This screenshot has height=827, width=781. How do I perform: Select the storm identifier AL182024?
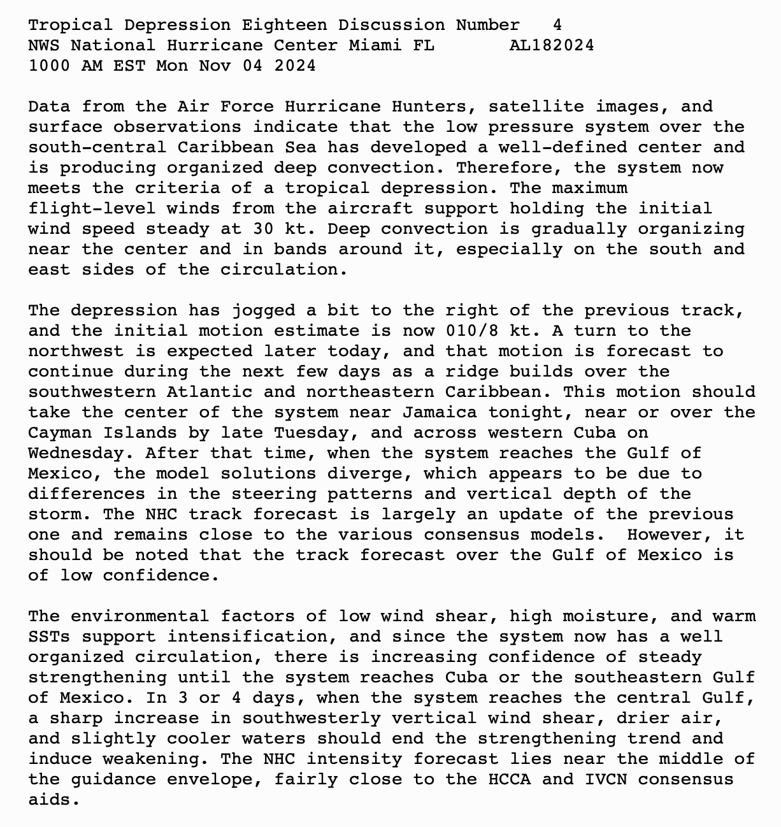pos(552,46)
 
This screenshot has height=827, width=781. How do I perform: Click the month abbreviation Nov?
pos(215,66)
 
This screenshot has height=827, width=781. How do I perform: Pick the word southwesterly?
pos(311,719)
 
